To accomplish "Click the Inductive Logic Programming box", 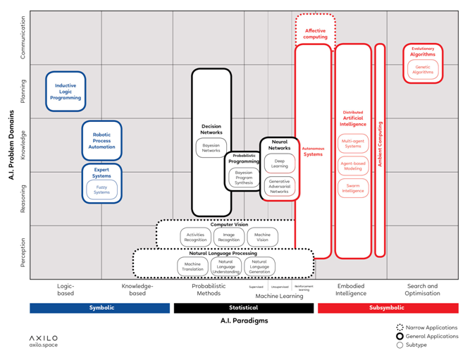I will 66,92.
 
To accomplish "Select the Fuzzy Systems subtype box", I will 102,190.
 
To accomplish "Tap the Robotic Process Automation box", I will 102,139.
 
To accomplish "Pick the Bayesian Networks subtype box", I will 211,148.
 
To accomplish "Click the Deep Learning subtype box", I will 279,163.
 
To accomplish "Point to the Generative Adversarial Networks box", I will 279,187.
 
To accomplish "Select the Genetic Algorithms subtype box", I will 423,69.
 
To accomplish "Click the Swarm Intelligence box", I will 353,188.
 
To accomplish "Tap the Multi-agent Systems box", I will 353,144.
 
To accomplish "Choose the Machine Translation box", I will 192,266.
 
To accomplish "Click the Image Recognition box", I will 228,237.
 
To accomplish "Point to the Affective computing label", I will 315,34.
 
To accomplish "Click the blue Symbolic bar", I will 99,308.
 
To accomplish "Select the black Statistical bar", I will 244,308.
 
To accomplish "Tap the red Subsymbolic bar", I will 388,308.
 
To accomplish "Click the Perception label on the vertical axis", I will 23,252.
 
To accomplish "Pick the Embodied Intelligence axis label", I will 351,290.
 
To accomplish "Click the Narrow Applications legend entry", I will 428,328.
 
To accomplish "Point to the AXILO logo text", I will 44,338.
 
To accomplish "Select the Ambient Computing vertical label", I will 380,144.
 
